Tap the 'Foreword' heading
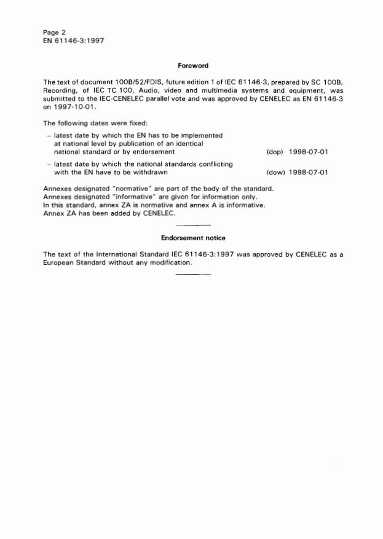coord(193,65)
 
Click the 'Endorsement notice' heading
coord(193,237)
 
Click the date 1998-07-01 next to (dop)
coord(309,151)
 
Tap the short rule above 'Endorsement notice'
coord(192,226)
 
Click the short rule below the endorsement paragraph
coord(192,273)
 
